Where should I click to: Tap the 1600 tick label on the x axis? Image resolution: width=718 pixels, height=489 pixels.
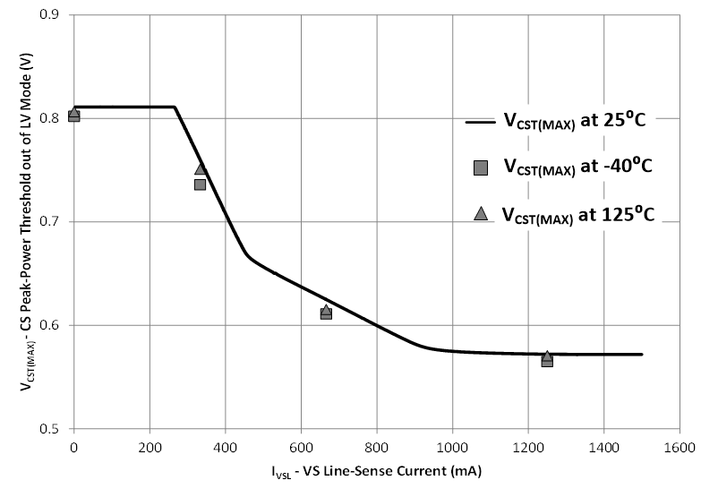point(680,445)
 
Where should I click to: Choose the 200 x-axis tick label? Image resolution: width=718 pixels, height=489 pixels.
point(150,445)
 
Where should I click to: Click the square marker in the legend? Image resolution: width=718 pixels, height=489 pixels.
point(481,167)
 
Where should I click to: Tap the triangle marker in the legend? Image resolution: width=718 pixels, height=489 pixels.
point(481,213)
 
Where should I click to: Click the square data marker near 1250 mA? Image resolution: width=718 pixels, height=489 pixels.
point(547,361)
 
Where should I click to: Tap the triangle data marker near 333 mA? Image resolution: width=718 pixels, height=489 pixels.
point(201,169)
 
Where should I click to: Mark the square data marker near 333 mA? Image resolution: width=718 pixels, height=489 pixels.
point(200,184)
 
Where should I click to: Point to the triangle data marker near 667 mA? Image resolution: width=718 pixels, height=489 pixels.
point(326,309)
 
